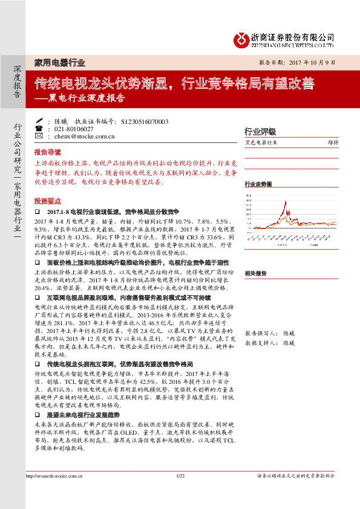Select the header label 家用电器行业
tap(59, 63)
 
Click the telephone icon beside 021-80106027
tap(39, 129)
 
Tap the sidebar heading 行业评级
tap(260, 131)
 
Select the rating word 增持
tap(333, 143)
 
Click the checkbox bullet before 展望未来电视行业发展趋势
tap(38, 400)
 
